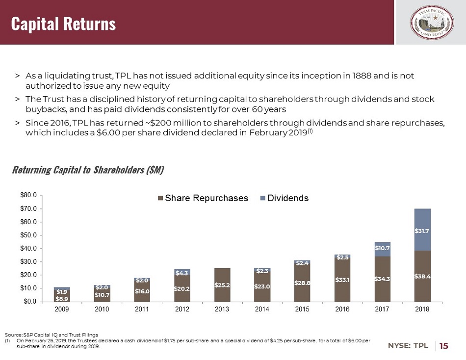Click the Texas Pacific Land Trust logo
click(430, 23)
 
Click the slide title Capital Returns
click(63, 23)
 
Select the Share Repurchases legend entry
click(203, 198)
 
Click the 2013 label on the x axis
click(222, 310)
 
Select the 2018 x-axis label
click(422, 310)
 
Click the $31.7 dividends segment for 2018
click(422, 230)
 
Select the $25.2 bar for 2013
click(222, 284)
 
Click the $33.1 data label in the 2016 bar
click(342, 280)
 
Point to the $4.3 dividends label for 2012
click(182, 272)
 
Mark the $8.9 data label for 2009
click(62, 298)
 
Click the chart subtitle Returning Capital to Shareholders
click(88, 170)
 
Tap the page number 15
click(443, 346)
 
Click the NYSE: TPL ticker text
click(408, 346)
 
